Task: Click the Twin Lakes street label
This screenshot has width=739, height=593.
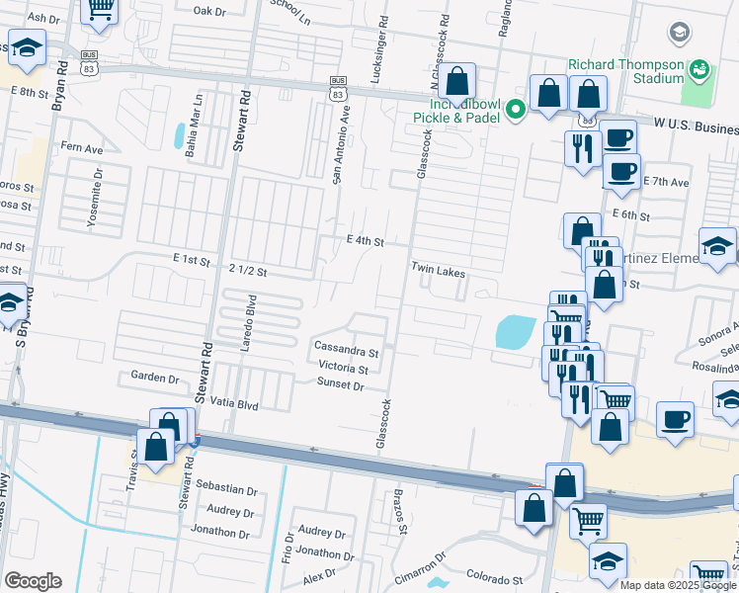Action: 438,269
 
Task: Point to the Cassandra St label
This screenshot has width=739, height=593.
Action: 346,350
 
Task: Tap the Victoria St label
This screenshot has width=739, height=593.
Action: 343,368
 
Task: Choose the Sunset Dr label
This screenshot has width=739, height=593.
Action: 341,385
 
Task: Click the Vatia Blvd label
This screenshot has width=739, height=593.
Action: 233,405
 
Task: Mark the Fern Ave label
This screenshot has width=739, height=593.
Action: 82,148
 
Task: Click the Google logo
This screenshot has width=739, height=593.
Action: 33,581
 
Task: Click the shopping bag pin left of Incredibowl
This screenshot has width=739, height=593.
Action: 457,81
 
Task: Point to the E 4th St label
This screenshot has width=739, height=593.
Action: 365,240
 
